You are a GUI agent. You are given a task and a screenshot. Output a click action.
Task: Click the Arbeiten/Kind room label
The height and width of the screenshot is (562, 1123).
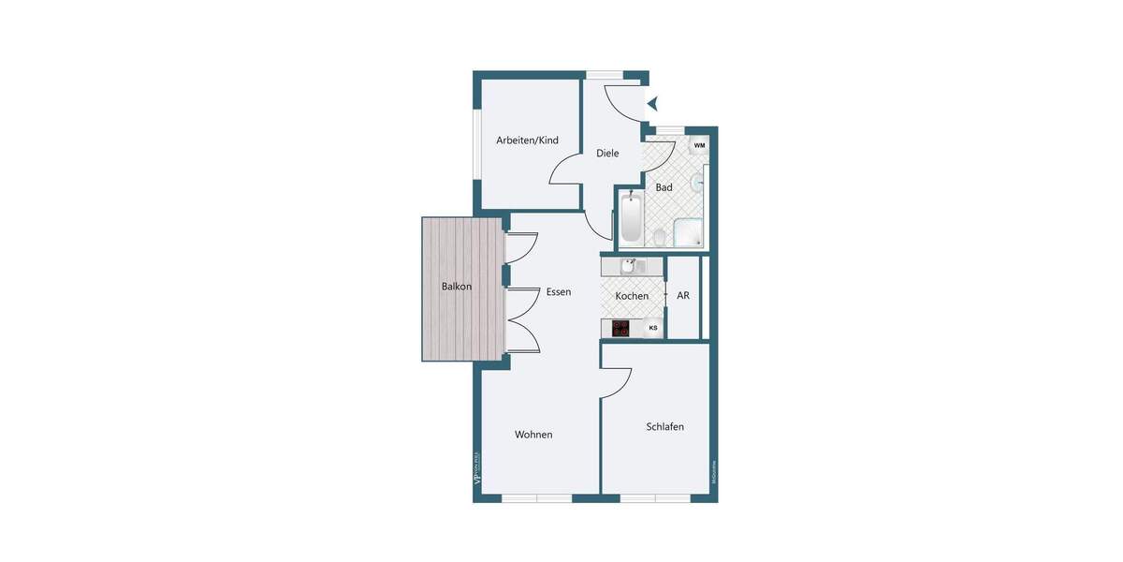527,140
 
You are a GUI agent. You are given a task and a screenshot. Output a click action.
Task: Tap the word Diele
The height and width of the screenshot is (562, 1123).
607,154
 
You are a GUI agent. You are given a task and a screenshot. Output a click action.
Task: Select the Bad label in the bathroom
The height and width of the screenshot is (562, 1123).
664,187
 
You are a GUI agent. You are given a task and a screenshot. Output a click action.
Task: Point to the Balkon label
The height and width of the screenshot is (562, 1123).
457,287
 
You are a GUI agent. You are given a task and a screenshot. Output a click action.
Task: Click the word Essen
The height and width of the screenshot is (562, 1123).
559,292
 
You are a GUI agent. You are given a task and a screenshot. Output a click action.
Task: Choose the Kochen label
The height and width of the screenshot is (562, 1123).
632,296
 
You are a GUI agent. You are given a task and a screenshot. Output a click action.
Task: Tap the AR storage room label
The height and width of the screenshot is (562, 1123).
683,295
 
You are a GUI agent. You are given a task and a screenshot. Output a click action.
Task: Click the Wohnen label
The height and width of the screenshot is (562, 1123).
533,435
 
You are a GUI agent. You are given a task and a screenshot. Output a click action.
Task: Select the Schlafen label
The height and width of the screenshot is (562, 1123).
664,427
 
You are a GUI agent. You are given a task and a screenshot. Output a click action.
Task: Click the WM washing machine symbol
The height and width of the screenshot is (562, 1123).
699,146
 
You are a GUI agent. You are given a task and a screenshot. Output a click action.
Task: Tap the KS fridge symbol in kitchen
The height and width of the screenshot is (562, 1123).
652,328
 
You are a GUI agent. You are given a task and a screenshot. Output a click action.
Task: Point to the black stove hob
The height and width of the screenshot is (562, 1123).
620,328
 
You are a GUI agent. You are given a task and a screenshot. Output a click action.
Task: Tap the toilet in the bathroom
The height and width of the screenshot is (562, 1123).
660,234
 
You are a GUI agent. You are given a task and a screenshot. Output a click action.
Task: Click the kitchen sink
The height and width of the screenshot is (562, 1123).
628,267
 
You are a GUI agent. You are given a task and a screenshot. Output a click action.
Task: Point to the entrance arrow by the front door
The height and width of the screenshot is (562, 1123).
653,103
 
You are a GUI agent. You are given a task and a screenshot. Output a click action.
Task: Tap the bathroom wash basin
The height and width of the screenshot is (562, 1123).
697,182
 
